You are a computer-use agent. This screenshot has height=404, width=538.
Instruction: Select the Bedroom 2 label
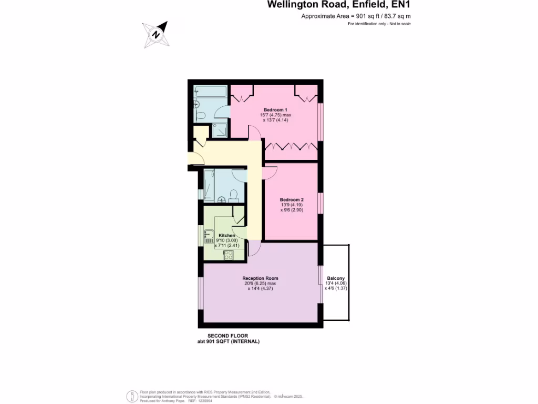292,200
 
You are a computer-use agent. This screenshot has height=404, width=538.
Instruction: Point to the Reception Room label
260,278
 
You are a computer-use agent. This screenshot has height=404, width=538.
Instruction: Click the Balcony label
336,278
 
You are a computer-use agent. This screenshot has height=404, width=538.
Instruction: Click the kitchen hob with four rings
229,255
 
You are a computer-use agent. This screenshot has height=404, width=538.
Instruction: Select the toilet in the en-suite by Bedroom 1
200,116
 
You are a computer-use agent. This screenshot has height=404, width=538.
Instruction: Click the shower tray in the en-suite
220,130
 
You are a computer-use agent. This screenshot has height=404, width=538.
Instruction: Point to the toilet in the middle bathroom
234,197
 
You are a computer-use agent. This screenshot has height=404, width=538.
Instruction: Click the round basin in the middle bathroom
222,199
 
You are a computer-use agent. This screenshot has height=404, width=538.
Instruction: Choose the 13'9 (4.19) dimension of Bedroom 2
292,205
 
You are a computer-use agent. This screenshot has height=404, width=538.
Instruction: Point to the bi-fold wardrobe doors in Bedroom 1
291,147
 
